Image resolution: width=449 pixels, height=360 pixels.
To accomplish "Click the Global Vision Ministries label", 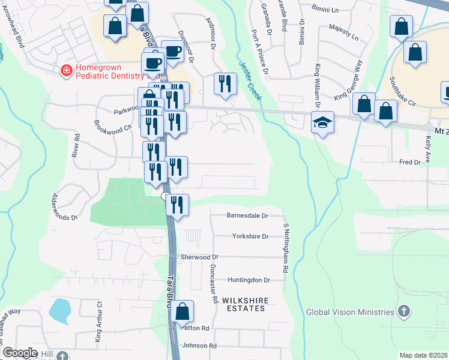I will [350, 312].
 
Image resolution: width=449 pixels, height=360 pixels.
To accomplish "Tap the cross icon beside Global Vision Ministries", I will [405, 311].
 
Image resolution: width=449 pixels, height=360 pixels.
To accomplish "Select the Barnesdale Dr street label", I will [247, 215].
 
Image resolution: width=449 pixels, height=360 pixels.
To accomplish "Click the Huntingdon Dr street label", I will [249, 280].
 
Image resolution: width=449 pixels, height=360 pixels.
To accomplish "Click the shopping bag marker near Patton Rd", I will [182, 312].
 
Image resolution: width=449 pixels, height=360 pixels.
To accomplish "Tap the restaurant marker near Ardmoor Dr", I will [225, 83].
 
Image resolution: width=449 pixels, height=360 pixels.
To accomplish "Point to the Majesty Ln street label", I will [343, 32].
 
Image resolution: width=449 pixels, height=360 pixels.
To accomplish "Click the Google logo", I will [20, 353].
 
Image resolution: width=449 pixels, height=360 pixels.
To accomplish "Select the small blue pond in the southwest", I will [59, 310].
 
